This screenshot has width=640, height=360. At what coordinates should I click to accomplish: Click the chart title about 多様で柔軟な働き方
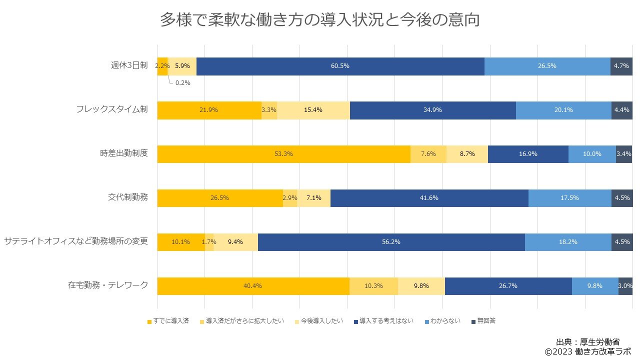coord(320,20)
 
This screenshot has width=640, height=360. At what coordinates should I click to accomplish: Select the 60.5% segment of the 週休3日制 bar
coord(340,66)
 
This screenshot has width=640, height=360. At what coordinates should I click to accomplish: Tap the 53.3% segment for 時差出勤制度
coord(283,154)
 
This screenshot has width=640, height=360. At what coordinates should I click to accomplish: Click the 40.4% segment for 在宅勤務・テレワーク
coord(253,286)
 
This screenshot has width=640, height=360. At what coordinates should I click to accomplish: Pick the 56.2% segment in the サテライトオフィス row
coord(391,242)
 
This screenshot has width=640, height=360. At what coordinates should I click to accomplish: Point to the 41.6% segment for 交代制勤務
coord(429,198)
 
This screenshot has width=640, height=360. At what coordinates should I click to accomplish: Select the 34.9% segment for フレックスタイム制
coord(432,110)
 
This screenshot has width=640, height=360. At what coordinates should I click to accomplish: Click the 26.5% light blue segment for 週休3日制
coord(547,66)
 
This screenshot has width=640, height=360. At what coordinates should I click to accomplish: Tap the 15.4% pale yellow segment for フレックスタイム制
coord(313,110)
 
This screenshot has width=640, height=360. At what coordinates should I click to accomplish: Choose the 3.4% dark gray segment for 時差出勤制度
coord(624,154)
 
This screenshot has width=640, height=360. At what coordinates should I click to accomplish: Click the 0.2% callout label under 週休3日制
coord(182,83)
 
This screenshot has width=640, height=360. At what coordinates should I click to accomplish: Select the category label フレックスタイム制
coord(112,109)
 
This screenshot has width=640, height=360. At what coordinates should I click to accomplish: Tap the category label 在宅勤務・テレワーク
coord(108,285)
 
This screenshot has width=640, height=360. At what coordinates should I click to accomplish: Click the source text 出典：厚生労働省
coord(587,342)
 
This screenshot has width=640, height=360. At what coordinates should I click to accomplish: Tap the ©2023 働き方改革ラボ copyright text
coord(587,352)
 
